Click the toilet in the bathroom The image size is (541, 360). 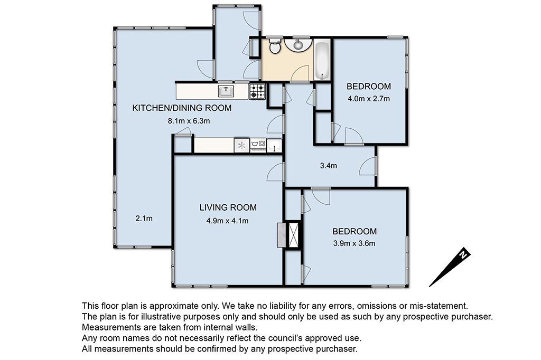[x=275, y=46]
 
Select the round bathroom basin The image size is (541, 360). [x=298, y=44]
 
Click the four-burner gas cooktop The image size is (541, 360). [x=257, y=91]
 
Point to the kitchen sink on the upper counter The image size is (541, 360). [x=226, y=91]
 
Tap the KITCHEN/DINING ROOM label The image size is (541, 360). [x=182, y=108]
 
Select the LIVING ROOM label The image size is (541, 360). [x=228, y=207]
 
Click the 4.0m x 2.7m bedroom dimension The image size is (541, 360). [x=369, y=99]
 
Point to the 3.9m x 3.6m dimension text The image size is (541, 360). [x=355, y=243]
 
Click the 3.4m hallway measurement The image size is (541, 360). [x=329, y=166]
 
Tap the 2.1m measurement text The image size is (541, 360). [x=144, y=219]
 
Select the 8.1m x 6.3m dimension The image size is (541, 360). [x=189, y=121]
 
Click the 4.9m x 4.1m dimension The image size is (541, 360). [x=227, y=221]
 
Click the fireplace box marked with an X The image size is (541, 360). [x=294, y=235]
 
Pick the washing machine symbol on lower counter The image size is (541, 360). [x=258, y=145]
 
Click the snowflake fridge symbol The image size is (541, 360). [x=241, y=145]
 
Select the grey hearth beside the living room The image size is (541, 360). [x=282, y=235]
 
